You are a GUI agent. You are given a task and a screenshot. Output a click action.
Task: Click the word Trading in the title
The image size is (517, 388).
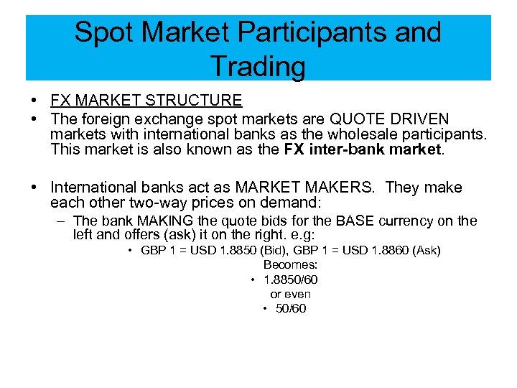[258, 66]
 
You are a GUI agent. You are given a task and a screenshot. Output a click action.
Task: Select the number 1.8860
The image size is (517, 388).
[382, 250]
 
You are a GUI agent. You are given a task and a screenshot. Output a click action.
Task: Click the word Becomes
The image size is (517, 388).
[291, 264]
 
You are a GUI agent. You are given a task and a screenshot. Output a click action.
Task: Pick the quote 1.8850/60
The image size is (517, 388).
[291, 279]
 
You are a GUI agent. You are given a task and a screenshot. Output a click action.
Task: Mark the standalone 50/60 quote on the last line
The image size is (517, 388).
[291, 308]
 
